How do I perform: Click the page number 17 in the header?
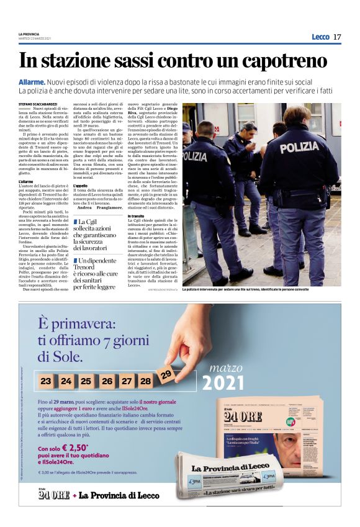(336, 37)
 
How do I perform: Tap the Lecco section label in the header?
(320, 37)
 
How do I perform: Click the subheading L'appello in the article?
(80, 185)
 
